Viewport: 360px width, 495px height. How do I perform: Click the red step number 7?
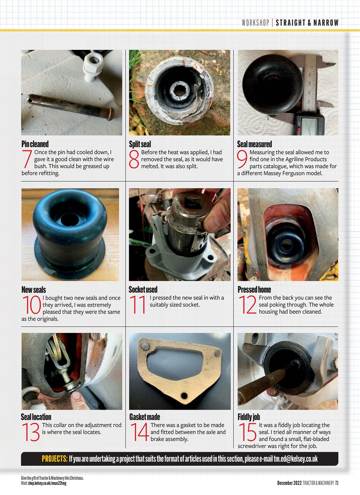coord(27,159)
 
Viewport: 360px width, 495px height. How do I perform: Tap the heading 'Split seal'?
coord(140,144)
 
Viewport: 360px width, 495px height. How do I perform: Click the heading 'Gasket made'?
coord(144,417)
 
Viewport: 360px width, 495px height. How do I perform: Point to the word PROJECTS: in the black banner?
coord(55,459)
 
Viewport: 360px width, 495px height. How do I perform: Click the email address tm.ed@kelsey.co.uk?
coord(296,459)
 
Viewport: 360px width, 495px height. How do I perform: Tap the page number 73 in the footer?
coord(337,483)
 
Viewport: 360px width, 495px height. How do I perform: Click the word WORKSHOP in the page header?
coord(255,23)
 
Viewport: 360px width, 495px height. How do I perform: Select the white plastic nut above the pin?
coord(93,66)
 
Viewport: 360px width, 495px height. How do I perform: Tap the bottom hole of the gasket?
coord(184,396)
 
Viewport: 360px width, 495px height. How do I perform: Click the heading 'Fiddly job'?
coord(249,417)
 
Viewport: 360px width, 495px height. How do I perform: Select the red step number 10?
coord(32,305)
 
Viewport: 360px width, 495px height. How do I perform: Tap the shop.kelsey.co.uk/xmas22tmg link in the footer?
coord(46,483)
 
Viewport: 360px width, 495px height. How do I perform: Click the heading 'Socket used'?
coord(143,289)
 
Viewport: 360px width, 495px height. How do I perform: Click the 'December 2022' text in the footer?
coord(289,483)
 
